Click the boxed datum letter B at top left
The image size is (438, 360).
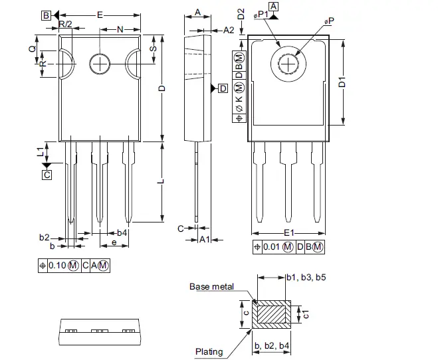(x=45, y=15)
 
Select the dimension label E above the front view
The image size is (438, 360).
(x=100, y=14)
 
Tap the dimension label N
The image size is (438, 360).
(x=120, y=29)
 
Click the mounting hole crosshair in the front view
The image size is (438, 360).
(x=100, y=64)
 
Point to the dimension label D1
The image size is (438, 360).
(x=342, y=82)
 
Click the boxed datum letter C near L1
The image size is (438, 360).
(x=47, y=175)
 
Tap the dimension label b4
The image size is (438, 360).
(x=122, y=233)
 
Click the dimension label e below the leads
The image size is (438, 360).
(x=114, y=244)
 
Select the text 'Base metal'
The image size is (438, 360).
(x=211, y=286)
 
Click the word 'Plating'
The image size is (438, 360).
(x=209, y=351)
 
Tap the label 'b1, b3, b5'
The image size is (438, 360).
(x=306, y=277)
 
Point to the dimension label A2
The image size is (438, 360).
(x=228, y=30)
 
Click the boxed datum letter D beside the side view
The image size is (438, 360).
(x=223, y=88)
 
